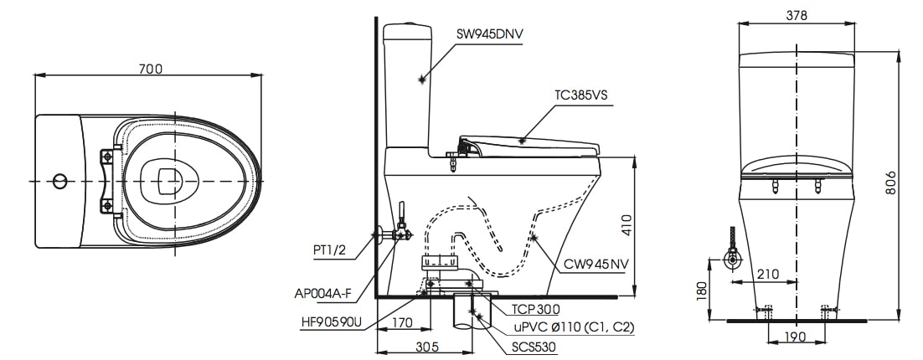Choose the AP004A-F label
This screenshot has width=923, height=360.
(x=323, y=294)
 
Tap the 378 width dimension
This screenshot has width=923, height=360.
(x=797, y=14)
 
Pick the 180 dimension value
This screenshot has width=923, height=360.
(x=703, y=290)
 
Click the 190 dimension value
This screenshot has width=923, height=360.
(x=797, y=337)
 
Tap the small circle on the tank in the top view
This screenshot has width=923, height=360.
(x=59, y=181)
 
